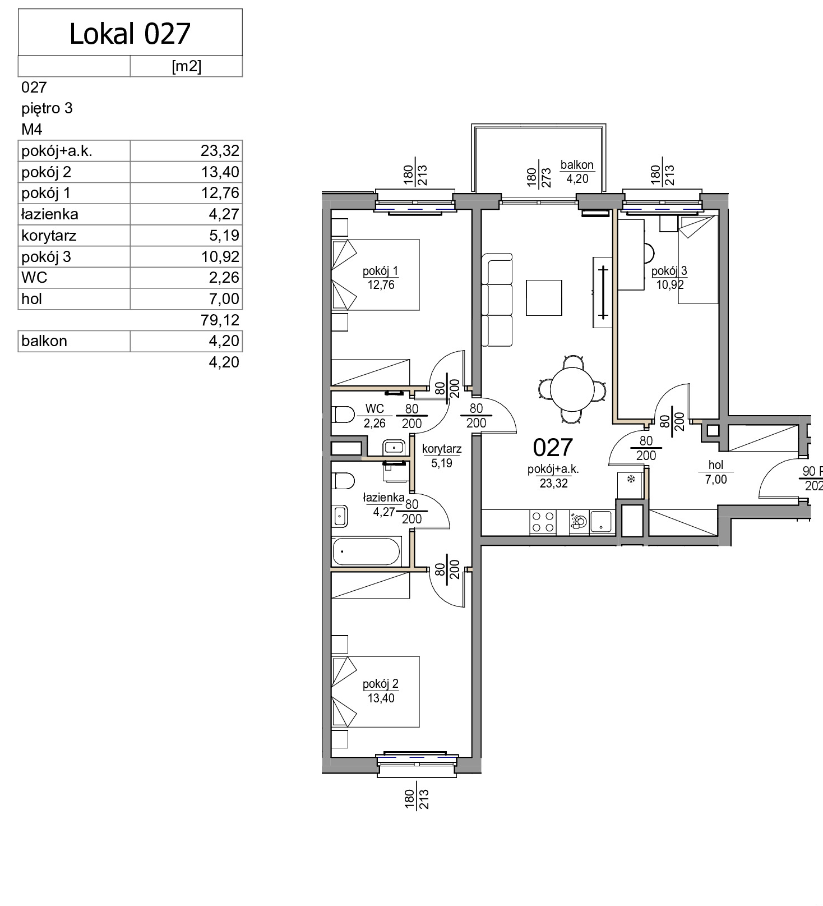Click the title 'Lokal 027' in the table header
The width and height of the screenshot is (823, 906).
tap(130, 34)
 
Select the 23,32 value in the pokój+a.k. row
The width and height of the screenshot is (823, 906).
tap(220, 150)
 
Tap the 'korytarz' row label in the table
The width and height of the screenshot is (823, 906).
tap(49, 236)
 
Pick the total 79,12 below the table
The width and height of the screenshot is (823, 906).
tap(220, 320)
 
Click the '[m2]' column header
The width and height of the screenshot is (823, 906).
tap(186, 66)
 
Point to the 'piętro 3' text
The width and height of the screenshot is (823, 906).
tap(47, 108)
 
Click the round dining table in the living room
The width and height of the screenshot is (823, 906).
tap(572, 389)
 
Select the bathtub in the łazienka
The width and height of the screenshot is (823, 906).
tap(366, 551)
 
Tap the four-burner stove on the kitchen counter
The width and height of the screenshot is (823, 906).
tap(543, 522)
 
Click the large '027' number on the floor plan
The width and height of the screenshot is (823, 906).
tap(553, 448)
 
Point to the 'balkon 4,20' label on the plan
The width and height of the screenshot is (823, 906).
tap(577, 172)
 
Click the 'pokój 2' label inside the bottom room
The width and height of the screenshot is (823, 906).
tap(381, 684)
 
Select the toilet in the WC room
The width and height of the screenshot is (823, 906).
tap(343, 415)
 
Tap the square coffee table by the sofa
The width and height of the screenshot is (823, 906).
tap(544, 298)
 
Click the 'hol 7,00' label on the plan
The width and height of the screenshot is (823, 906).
tap(716, 472)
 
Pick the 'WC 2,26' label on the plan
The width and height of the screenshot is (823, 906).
tap(374, 416)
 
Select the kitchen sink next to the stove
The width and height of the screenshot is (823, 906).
tap(601, 522)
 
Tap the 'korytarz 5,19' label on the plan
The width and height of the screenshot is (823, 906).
tap(442, 456)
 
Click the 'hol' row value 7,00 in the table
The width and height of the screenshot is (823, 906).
tap(224, 298)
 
